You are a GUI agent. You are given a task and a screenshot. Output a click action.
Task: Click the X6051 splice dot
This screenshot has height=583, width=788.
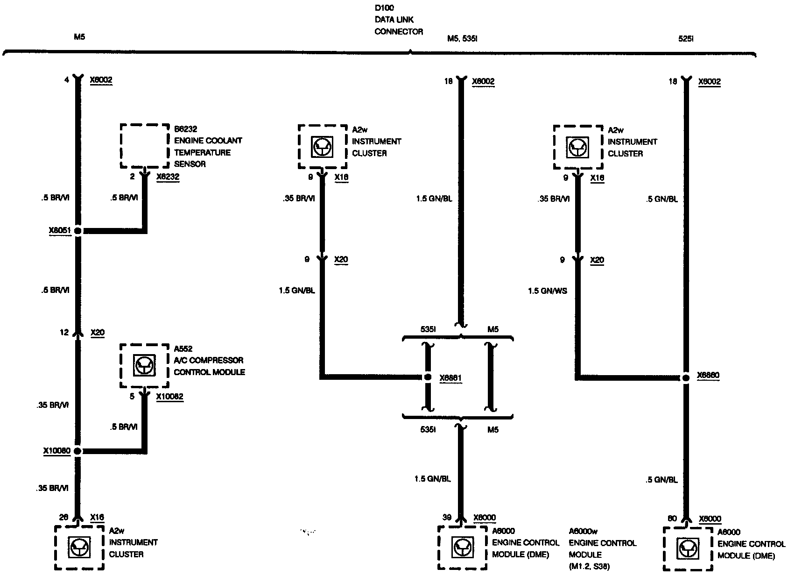[x=77, y=231]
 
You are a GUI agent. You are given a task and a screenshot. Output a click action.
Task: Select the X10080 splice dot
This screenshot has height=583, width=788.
[x=77, y=451]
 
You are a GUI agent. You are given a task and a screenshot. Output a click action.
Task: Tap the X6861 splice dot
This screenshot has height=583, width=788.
[x=427, y=377]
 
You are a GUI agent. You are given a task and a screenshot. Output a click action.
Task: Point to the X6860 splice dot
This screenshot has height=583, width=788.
[x=686, y=377]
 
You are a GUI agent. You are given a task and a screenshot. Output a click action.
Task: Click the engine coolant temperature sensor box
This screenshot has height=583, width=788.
[x=145, y=146]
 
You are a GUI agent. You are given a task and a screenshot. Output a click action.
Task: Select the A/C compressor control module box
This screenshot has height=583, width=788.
[x=144, y=366]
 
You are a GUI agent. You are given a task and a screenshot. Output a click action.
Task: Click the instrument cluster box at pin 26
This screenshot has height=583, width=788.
[x=79, y=547]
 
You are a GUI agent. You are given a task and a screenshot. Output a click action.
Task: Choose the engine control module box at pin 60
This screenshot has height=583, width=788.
[x=688, y=549]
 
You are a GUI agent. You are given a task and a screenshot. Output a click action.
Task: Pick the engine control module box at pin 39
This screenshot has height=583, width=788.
[x=462, y=547]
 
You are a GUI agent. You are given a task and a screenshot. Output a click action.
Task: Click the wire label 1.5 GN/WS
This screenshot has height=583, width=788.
[x=548, y=291]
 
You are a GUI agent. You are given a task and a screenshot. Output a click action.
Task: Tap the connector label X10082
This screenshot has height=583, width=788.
[x=169, y=397]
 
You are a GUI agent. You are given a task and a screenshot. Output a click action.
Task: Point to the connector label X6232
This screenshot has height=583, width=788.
[x=168, y=177]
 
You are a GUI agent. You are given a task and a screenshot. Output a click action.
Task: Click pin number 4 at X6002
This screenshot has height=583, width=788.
[x=67, y=80]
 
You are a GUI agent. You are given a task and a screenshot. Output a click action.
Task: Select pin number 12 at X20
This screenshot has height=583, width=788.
[x=64, y=333]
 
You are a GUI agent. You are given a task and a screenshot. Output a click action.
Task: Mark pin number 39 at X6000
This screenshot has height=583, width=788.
[x=447, y=517]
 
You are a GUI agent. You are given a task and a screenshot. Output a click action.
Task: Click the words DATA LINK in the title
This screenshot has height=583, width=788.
[x=394, y=20]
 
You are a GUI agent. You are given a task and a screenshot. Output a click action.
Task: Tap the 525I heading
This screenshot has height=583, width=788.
[x=686, y=39]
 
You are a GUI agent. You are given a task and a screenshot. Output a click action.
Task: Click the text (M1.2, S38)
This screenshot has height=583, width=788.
[x=589, y=567]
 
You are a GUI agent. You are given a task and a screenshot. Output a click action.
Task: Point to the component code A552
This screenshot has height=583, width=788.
[x=183, y=348]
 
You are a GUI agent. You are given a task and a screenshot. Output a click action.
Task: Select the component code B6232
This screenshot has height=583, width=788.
[x=185, y=129]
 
